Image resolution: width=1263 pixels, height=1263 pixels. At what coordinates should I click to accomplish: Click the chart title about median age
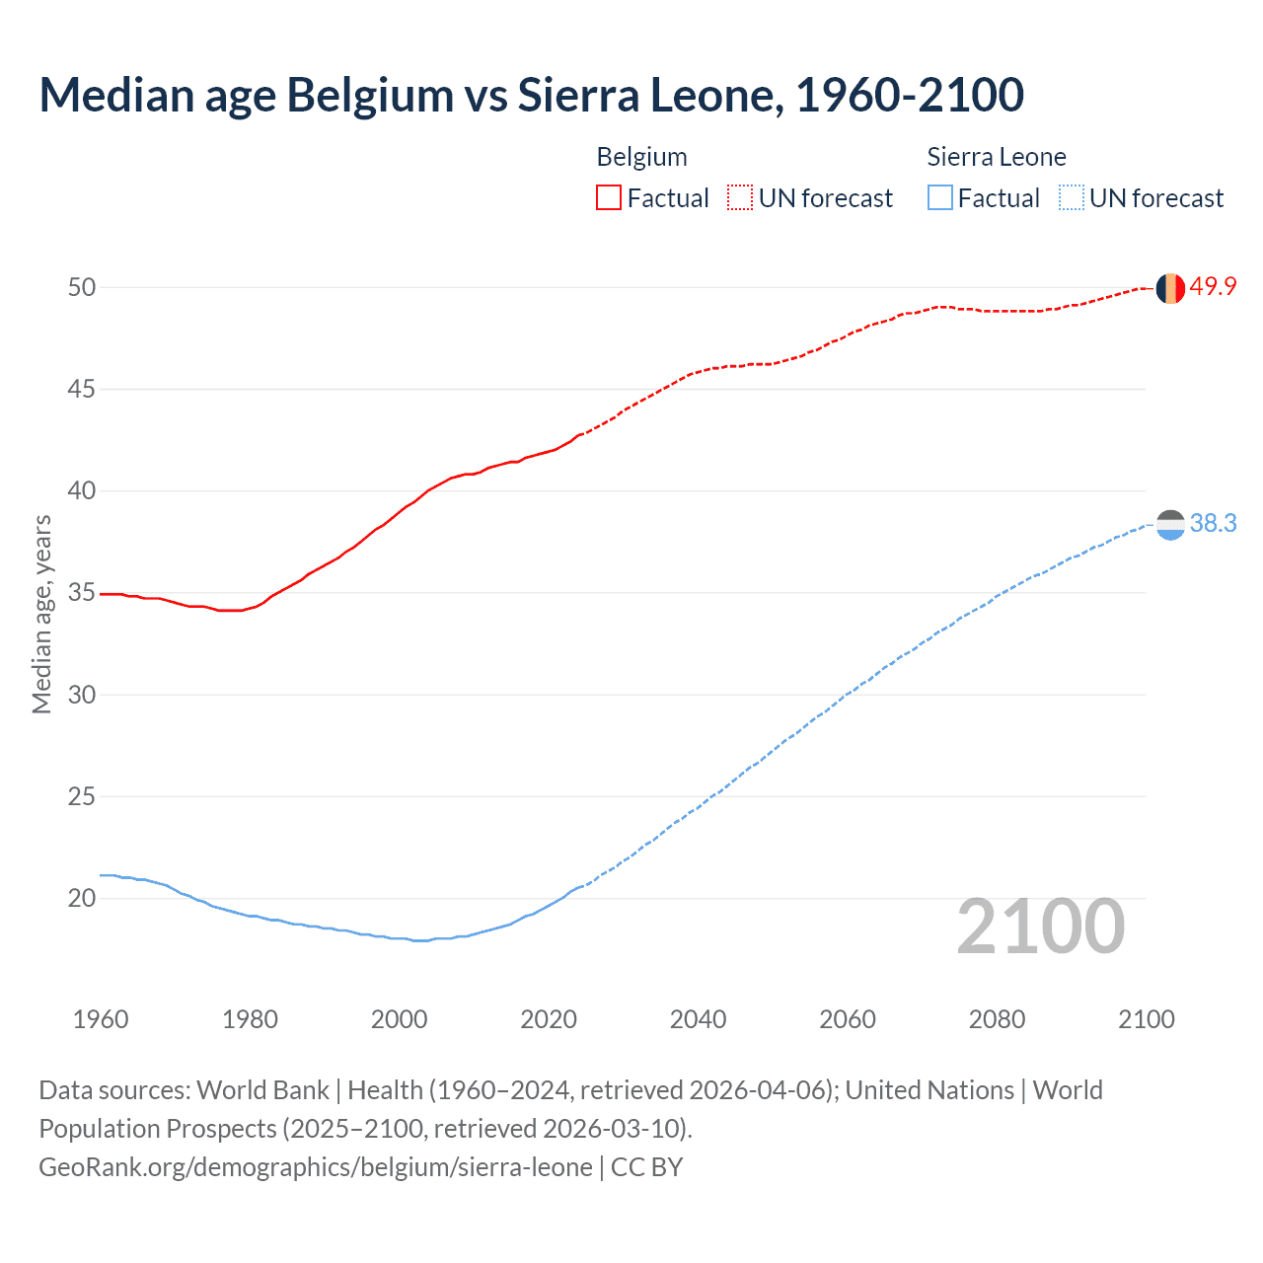531,95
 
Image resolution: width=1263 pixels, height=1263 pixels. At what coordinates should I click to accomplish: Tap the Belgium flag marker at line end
1170,288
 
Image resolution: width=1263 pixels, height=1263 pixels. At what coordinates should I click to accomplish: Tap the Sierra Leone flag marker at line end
1170,525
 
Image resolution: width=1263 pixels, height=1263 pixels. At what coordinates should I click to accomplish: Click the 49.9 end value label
1213,287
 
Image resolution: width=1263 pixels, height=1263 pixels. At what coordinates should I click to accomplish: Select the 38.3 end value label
1213,524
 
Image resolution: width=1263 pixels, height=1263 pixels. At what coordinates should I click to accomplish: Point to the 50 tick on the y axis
82,287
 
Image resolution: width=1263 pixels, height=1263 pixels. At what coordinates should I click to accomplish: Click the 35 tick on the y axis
82,593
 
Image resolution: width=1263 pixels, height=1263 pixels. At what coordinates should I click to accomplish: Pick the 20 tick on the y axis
82,898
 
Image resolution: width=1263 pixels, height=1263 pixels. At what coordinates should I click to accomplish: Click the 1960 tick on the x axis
101,1019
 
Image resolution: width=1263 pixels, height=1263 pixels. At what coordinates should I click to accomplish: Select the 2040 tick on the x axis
698,1019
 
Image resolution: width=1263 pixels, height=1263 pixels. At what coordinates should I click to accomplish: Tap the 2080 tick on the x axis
997,1019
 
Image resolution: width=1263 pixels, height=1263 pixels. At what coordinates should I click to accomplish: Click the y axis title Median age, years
41,614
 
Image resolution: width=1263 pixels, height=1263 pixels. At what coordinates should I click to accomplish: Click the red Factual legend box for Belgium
609,198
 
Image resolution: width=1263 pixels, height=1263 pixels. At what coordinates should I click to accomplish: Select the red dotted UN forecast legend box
740,198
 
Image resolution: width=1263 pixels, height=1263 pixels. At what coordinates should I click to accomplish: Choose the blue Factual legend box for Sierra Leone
940,198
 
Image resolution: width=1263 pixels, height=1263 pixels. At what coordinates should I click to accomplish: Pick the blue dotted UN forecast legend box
1072,198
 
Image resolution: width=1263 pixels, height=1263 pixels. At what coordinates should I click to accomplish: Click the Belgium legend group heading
641,158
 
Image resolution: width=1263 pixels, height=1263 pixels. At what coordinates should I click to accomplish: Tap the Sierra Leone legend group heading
997,158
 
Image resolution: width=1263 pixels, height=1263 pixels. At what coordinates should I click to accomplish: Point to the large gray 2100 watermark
1041,927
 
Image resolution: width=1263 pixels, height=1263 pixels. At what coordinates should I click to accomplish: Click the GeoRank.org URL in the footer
316,1167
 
